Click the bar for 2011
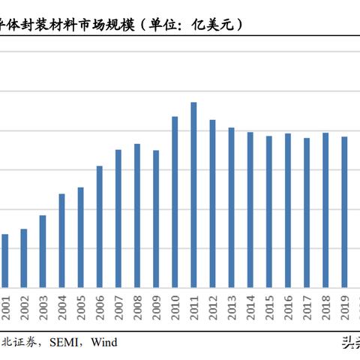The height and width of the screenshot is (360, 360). pyautogui.click(x=193, y=194)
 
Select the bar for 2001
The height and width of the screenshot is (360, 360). pyautogui.click(x=5, y=260)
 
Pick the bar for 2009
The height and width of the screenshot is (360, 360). pyautogui.click(x=156, y=218)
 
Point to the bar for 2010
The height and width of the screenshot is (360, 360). pyautogui.click(x=175, y=202)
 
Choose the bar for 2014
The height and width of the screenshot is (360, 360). pyautogui.click(x=250, y=209)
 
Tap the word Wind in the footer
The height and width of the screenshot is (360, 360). pyautogui.click(x=104, y=342)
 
